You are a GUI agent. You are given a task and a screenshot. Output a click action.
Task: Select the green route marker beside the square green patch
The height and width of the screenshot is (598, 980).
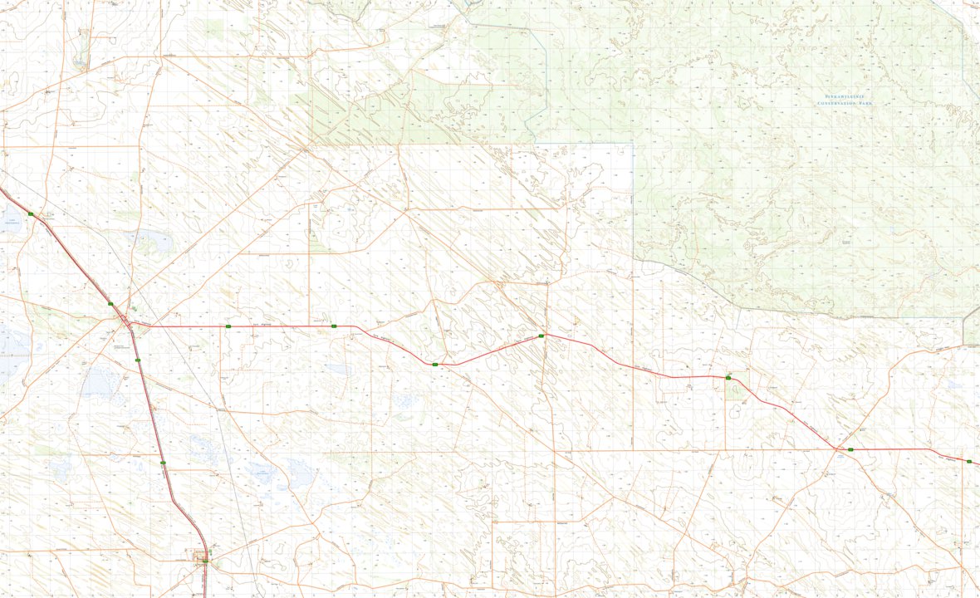(x=728, y=378)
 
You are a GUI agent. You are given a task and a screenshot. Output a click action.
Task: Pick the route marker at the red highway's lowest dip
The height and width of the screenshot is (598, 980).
(x=434, y=364)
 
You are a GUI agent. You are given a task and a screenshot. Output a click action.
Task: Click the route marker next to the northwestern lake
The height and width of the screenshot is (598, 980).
(x=31, y=214)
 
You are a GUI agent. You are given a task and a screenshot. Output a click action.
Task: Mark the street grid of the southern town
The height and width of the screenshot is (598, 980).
(x=201, y=558)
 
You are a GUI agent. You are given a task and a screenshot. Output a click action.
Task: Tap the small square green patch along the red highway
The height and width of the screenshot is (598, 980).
(x=734, y=389)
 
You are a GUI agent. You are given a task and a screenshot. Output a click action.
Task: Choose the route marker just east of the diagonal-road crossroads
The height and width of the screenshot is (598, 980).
(x=850, y=449)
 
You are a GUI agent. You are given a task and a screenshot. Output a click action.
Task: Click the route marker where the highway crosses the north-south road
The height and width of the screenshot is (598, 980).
(x=541, y=336)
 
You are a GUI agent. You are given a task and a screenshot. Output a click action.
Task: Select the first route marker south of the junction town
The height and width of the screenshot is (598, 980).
(x=138, y=360)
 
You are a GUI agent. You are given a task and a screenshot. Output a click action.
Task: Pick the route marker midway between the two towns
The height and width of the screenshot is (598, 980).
(x=163, y=463)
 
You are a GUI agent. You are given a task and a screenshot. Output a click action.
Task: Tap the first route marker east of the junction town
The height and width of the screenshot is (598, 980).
(x=228, y=327)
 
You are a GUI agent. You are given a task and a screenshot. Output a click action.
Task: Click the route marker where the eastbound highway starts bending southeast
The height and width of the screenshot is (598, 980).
(x=333, y=327)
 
